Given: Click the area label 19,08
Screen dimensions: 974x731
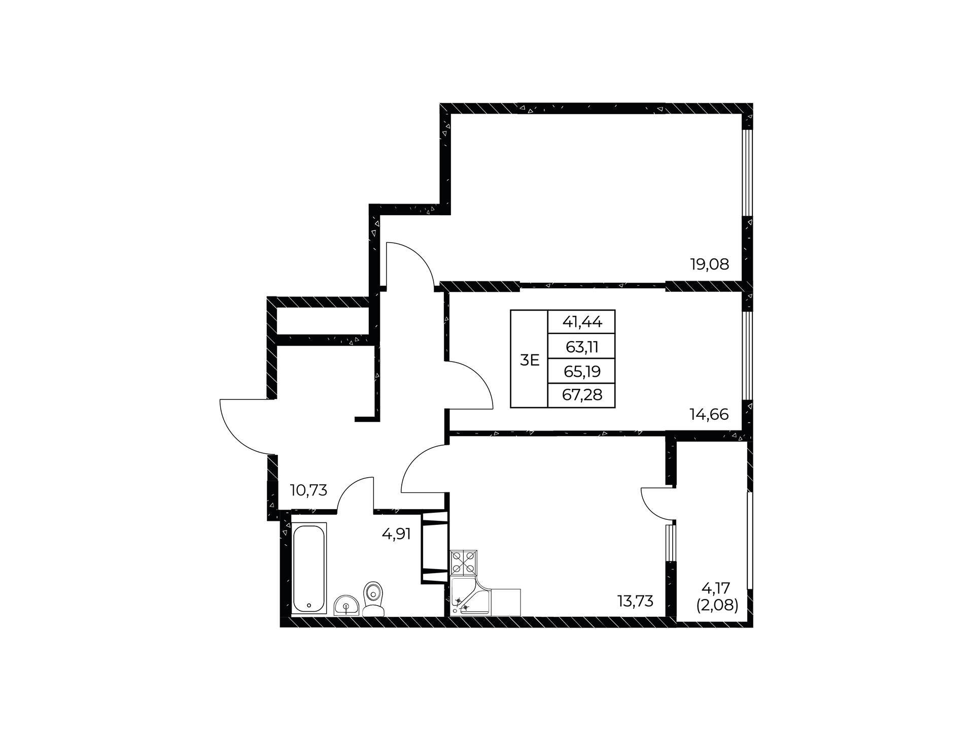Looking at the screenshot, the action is click(709, 264).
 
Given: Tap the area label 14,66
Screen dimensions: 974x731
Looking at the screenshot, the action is click(709, 415).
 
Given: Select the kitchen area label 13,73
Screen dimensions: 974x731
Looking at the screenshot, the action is click(635, 601).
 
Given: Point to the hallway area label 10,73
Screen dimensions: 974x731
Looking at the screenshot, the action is click(308, 490).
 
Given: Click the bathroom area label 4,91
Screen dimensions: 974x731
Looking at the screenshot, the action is click(396, 534).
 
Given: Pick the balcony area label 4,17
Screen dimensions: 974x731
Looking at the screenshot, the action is click(715, 588).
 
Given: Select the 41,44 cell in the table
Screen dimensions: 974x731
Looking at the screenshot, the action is click(582, 321).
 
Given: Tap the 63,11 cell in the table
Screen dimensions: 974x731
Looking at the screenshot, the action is click(582, 347).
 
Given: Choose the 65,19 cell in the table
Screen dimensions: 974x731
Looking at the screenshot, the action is click(582, 372).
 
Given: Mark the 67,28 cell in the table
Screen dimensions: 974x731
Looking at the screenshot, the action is click(582, 395).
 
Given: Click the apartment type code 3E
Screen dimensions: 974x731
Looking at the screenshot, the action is click(530, 360).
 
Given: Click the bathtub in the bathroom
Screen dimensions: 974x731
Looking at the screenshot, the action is click(309, 568).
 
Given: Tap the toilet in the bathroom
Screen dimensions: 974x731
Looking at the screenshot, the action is click(373, 599).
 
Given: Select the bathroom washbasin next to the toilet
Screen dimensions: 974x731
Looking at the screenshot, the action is click(346, 606).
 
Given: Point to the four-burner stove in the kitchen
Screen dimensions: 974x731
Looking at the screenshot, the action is click(464, 562).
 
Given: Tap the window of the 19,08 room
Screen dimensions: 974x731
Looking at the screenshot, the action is click(747, 174).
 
